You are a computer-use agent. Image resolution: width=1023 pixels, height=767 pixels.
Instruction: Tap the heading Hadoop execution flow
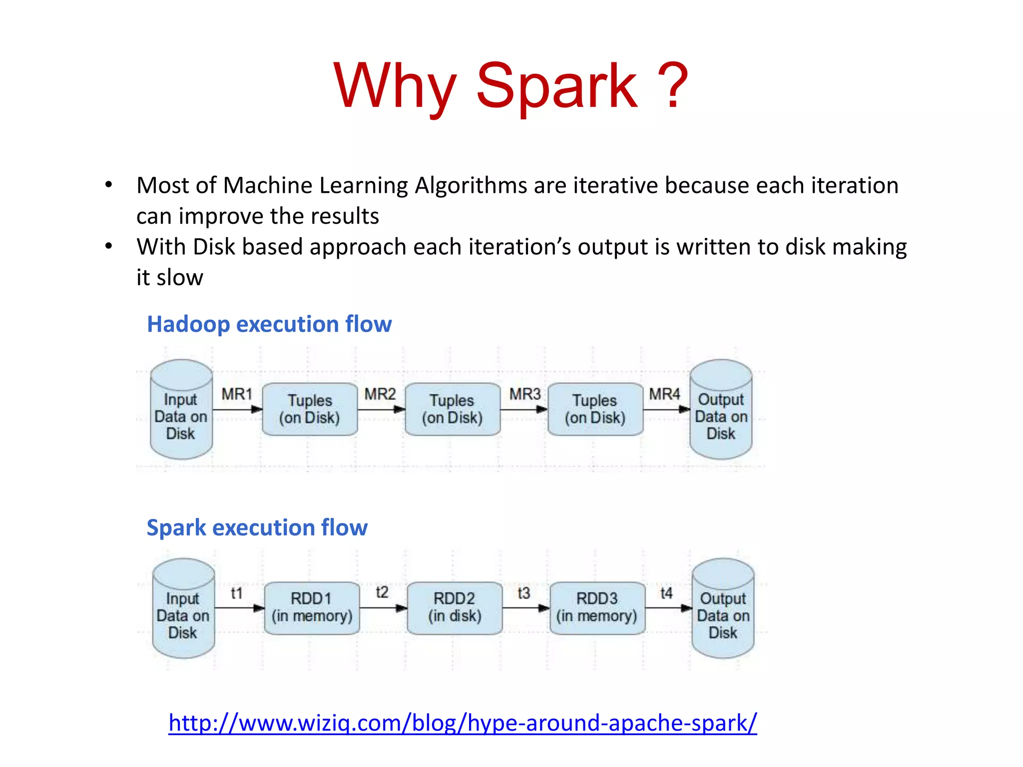point(269,324)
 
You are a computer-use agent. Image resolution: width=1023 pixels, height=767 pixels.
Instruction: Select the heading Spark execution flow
point(257,527)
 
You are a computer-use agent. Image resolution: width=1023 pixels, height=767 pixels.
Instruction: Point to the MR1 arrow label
point(237,394)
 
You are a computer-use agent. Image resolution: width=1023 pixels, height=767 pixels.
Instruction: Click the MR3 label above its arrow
point(524,394)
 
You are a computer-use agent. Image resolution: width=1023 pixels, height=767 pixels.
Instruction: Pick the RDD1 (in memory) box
point(312,608)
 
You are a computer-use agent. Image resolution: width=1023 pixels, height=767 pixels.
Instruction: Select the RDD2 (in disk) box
point(455,608)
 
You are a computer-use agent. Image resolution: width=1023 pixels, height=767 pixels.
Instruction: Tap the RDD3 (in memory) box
point(597,608)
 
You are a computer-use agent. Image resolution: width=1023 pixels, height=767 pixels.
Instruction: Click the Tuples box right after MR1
point(310,409)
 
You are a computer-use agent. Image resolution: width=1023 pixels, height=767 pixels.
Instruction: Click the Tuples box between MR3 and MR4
point(595,409)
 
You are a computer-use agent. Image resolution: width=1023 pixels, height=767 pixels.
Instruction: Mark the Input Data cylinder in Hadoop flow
point(181,410)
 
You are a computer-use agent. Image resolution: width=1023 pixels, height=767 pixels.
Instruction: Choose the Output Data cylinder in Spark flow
point(723,609)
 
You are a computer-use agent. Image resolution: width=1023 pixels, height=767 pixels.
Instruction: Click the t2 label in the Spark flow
point(382,592)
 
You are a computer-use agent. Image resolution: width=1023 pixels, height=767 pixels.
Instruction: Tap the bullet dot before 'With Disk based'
point(109,246)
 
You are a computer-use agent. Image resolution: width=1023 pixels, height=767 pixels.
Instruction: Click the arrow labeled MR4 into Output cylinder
point(666,409)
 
